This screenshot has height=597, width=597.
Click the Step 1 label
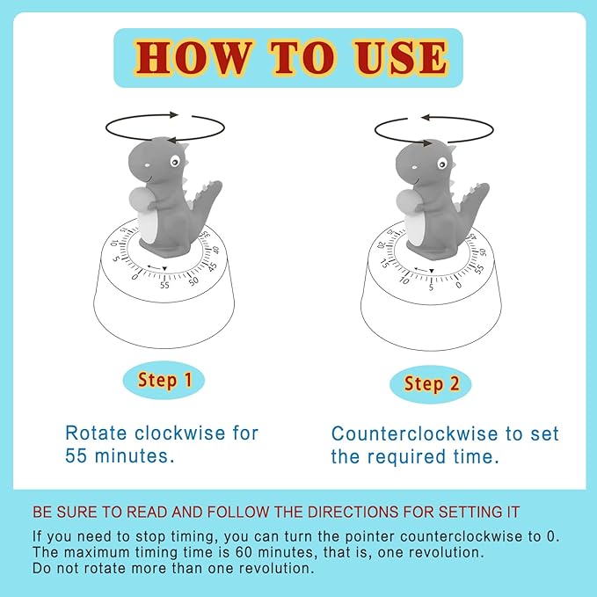point(164,381)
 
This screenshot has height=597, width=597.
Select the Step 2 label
point(430,384)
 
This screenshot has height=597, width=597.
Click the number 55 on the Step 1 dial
point(164,285)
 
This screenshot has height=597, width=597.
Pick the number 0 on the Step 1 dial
point(135,276)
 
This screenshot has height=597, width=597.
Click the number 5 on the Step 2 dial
point(431,288)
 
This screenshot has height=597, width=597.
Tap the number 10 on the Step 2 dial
point(404,280)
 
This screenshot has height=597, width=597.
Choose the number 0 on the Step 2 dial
point(459,285)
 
